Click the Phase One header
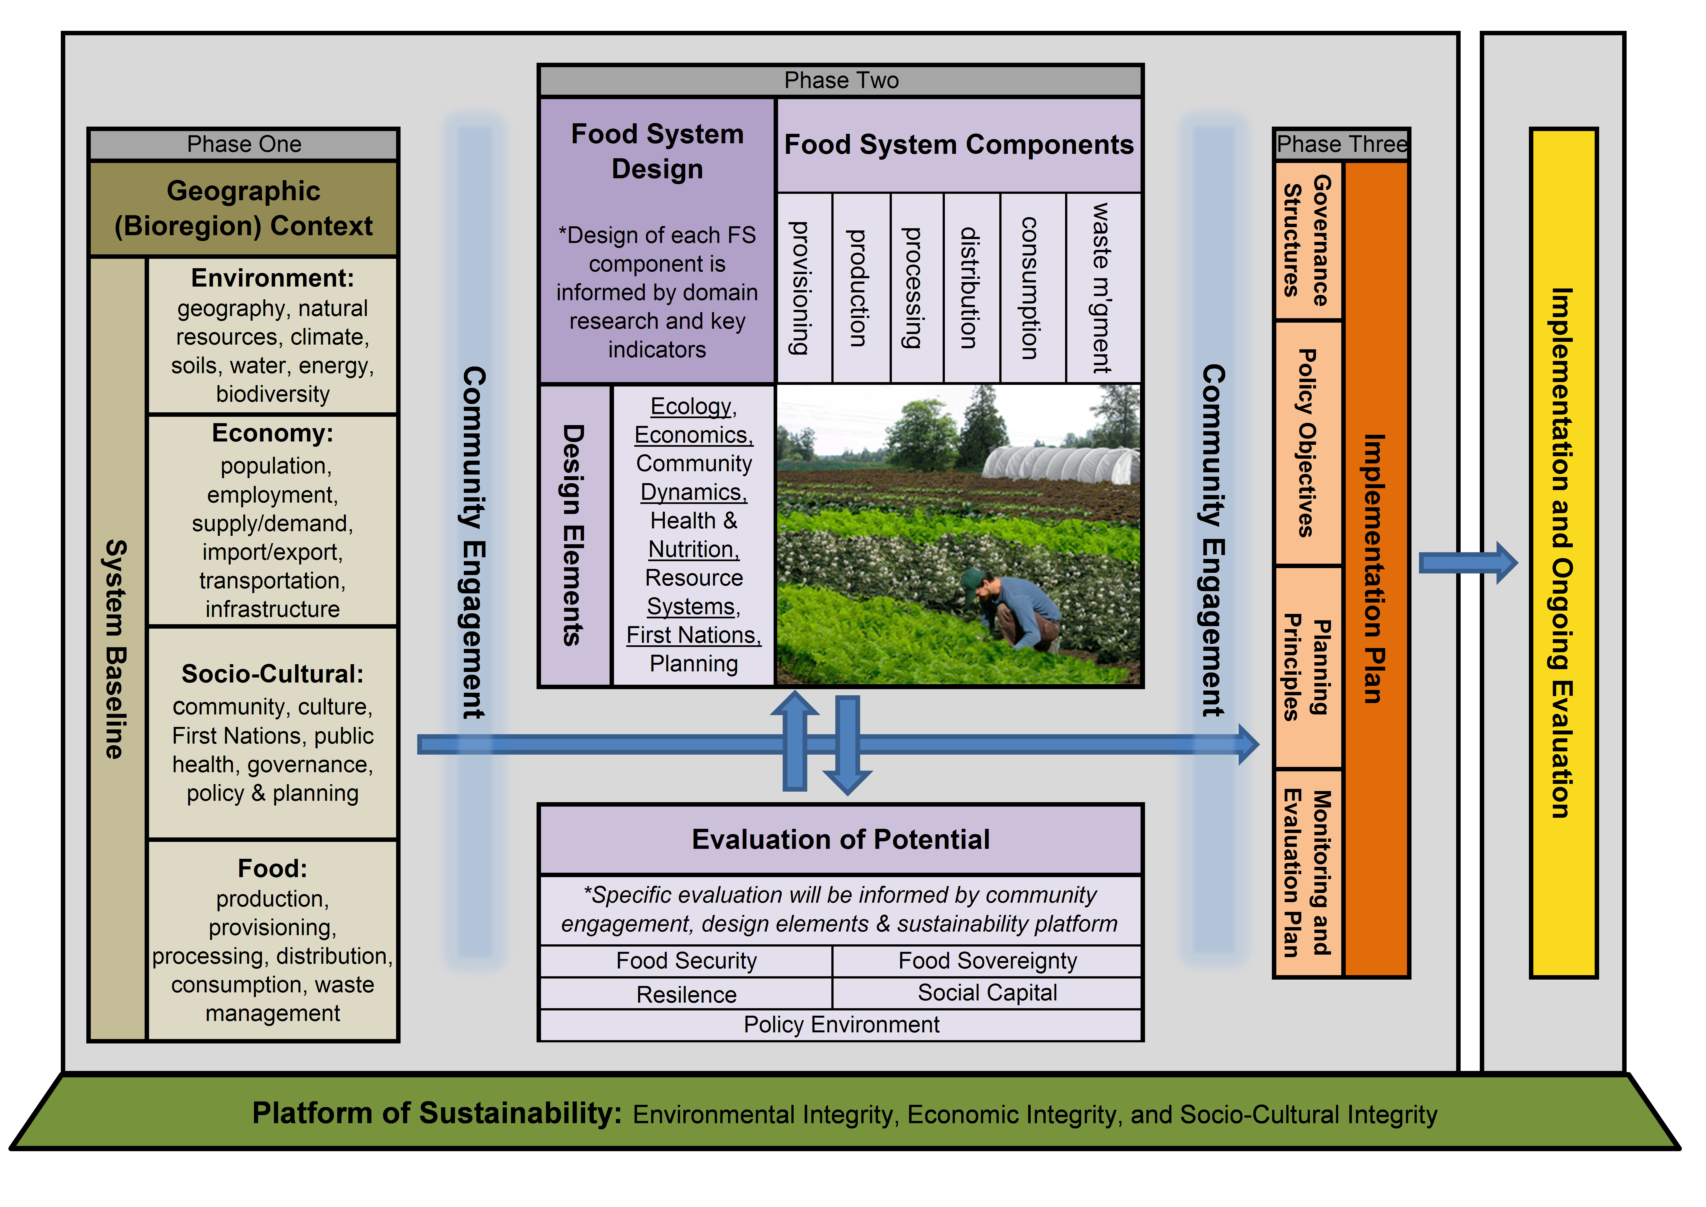point(244,144)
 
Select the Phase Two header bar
point(840,80)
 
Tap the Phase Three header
point(1341,144)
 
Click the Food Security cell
point(686,961)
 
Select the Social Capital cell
point(987,993)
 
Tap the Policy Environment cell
point(840,1025)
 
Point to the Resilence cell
point(686,994)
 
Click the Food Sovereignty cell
point(987,961)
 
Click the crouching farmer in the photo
point(1010,609)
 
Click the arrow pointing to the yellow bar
point(1468,563)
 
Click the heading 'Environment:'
point(273,278)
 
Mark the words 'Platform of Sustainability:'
point(437,1113)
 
